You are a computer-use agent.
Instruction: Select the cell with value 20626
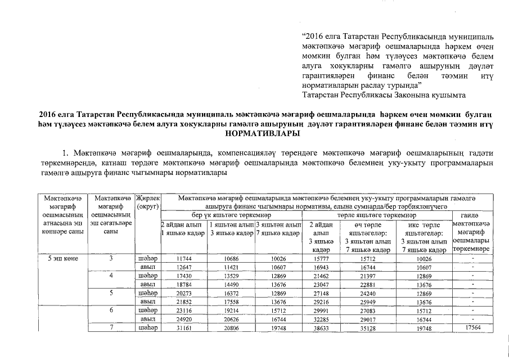tap(232, 319)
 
